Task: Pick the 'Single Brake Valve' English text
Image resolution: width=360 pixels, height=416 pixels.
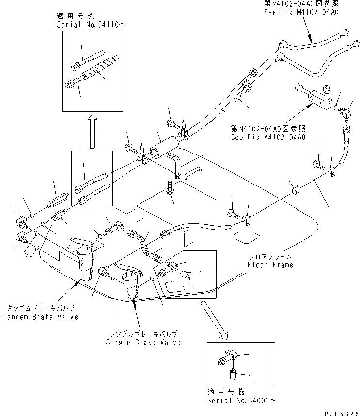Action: (x=143, y=342)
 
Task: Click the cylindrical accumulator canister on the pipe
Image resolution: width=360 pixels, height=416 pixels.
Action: (x=164, y=147)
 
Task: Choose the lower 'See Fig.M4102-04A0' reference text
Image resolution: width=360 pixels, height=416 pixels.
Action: (x=267, y=137)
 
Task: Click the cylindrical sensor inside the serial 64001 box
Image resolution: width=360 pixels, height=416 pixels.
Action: (x=233, y=373)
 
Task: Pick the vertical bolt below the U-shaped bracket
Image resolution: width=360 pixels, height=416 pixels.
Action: (x=170, y=189)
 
